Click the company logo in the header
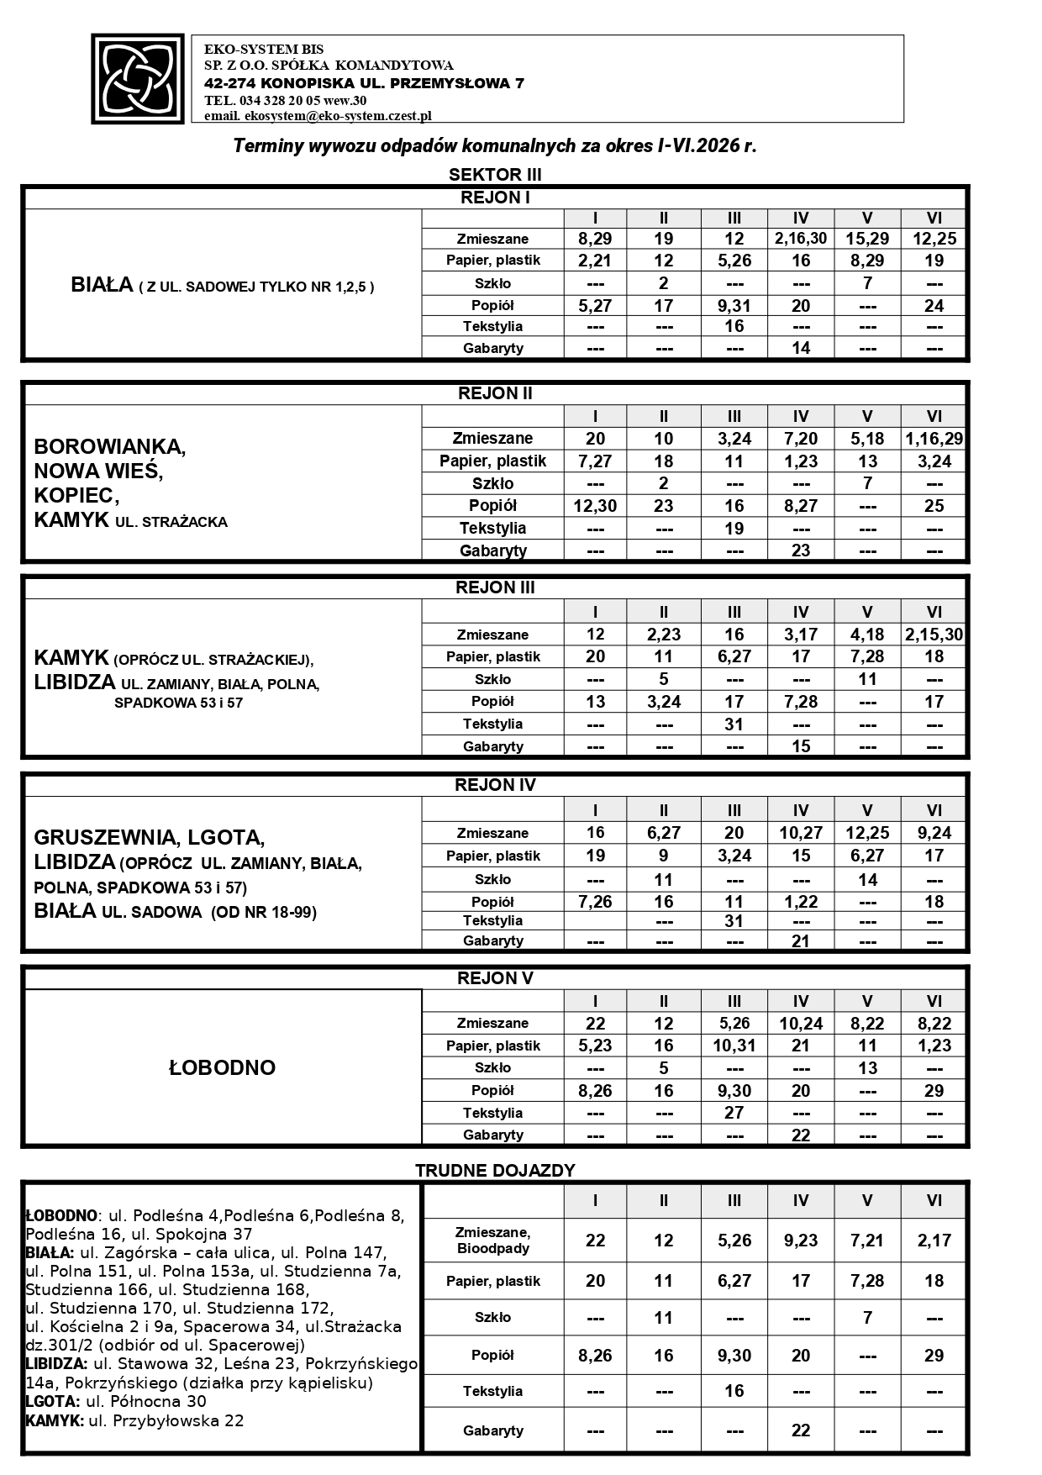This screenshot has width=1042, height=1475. point(138,79)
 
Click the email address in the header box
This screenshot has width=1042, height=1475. point(318,116)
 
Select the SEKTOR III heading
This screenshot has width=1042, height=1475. point(495,175)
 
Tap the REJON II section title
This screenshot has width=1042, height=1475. point(495,393)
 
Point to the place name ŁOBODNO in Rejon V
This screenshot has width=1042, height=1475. point(223,1067)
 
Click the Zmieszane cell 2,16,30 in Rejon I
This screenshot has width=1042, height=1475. point(801,239)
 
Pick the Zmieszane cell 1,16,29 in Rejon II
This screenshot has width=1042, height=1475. point(934,438)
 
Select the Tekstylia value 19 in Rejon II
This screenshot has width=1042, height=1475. point(734,529)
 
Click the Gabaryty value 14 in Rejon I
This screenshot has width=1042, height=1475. point(801,348)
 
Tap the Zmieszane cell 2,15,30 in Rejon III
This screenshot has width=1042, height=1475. point(934,635)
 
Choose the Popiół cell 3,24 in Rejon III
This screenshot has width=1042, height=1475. point(664,702)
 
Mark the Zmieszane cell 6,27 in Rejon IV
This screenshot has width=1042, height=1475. point(664,833)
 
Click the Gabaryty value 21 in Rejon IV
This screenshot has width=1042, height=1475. point(801,941)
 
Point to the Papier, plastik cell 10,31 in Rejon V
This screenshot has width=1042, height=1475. point(734,1046)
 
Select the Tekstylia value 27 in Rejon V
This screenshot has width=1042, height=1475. point(734,1113)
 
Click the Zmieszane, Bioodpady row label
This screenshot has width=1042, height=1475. point(493,1241)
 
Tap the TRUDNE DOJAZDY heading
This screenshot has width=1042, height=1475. point(495,1170)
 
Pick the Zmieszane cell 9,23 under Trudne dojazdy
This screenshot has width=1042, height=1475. point(801,1241)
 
